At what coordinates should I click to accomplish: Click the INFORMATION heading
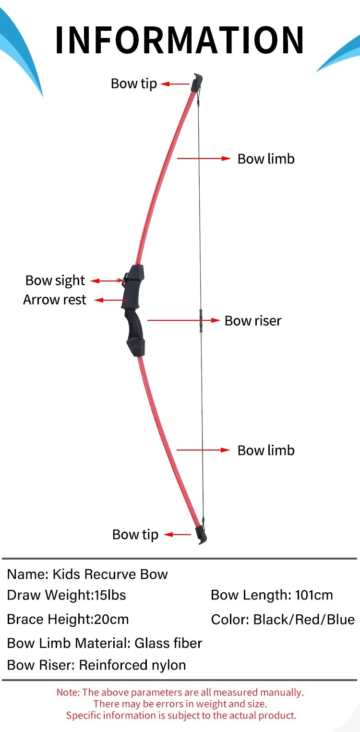click(x=180, y=40)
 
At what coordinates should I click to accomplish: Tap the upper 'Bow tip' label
click(x=134, y=84)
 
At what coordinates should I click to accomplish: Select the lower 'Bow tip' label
click(x=135, y=535)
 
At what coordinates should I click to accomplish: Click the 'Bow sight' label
click(x=55, y=281)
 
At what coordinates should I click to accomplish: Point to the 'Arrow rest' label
click(x=55, y=300)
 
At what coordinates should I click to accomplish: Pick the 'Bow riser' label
click(x=253, y=320)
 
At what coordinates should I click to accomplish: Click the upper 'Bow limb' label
click(x=266, y=159)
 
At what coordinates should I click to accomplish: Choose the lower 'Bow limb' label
click(x=266, y=451)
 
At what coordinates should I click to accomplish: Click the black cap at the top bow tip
click(x=197, y=82)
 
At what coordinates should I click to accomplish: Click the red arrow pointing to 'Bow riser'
click(x=183, y=320)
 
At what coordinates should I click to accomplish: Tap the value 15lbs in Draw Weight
click(x=110, y=595)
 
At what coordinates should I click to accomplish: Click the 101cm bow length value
click(x=314, y=595)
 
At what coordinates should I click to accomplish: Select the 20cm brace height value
click(x=111, y=619)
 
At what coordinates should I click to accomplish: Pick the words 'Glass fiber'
click(x=168, y=643)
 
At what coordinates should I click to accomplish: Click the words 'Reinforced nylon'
click(x=132, y=665)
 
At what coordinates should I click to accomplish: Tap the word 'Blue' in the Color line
click(x=340, y=620)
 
